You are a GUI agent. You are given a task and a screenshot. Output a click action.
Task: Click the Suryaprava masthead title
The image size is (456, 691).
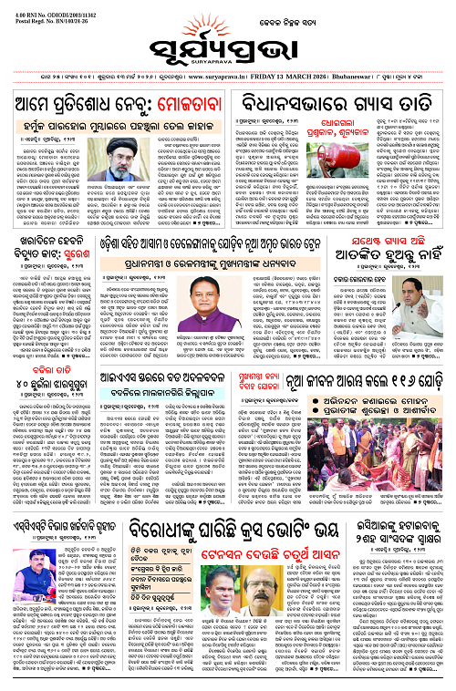point(227,41)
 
